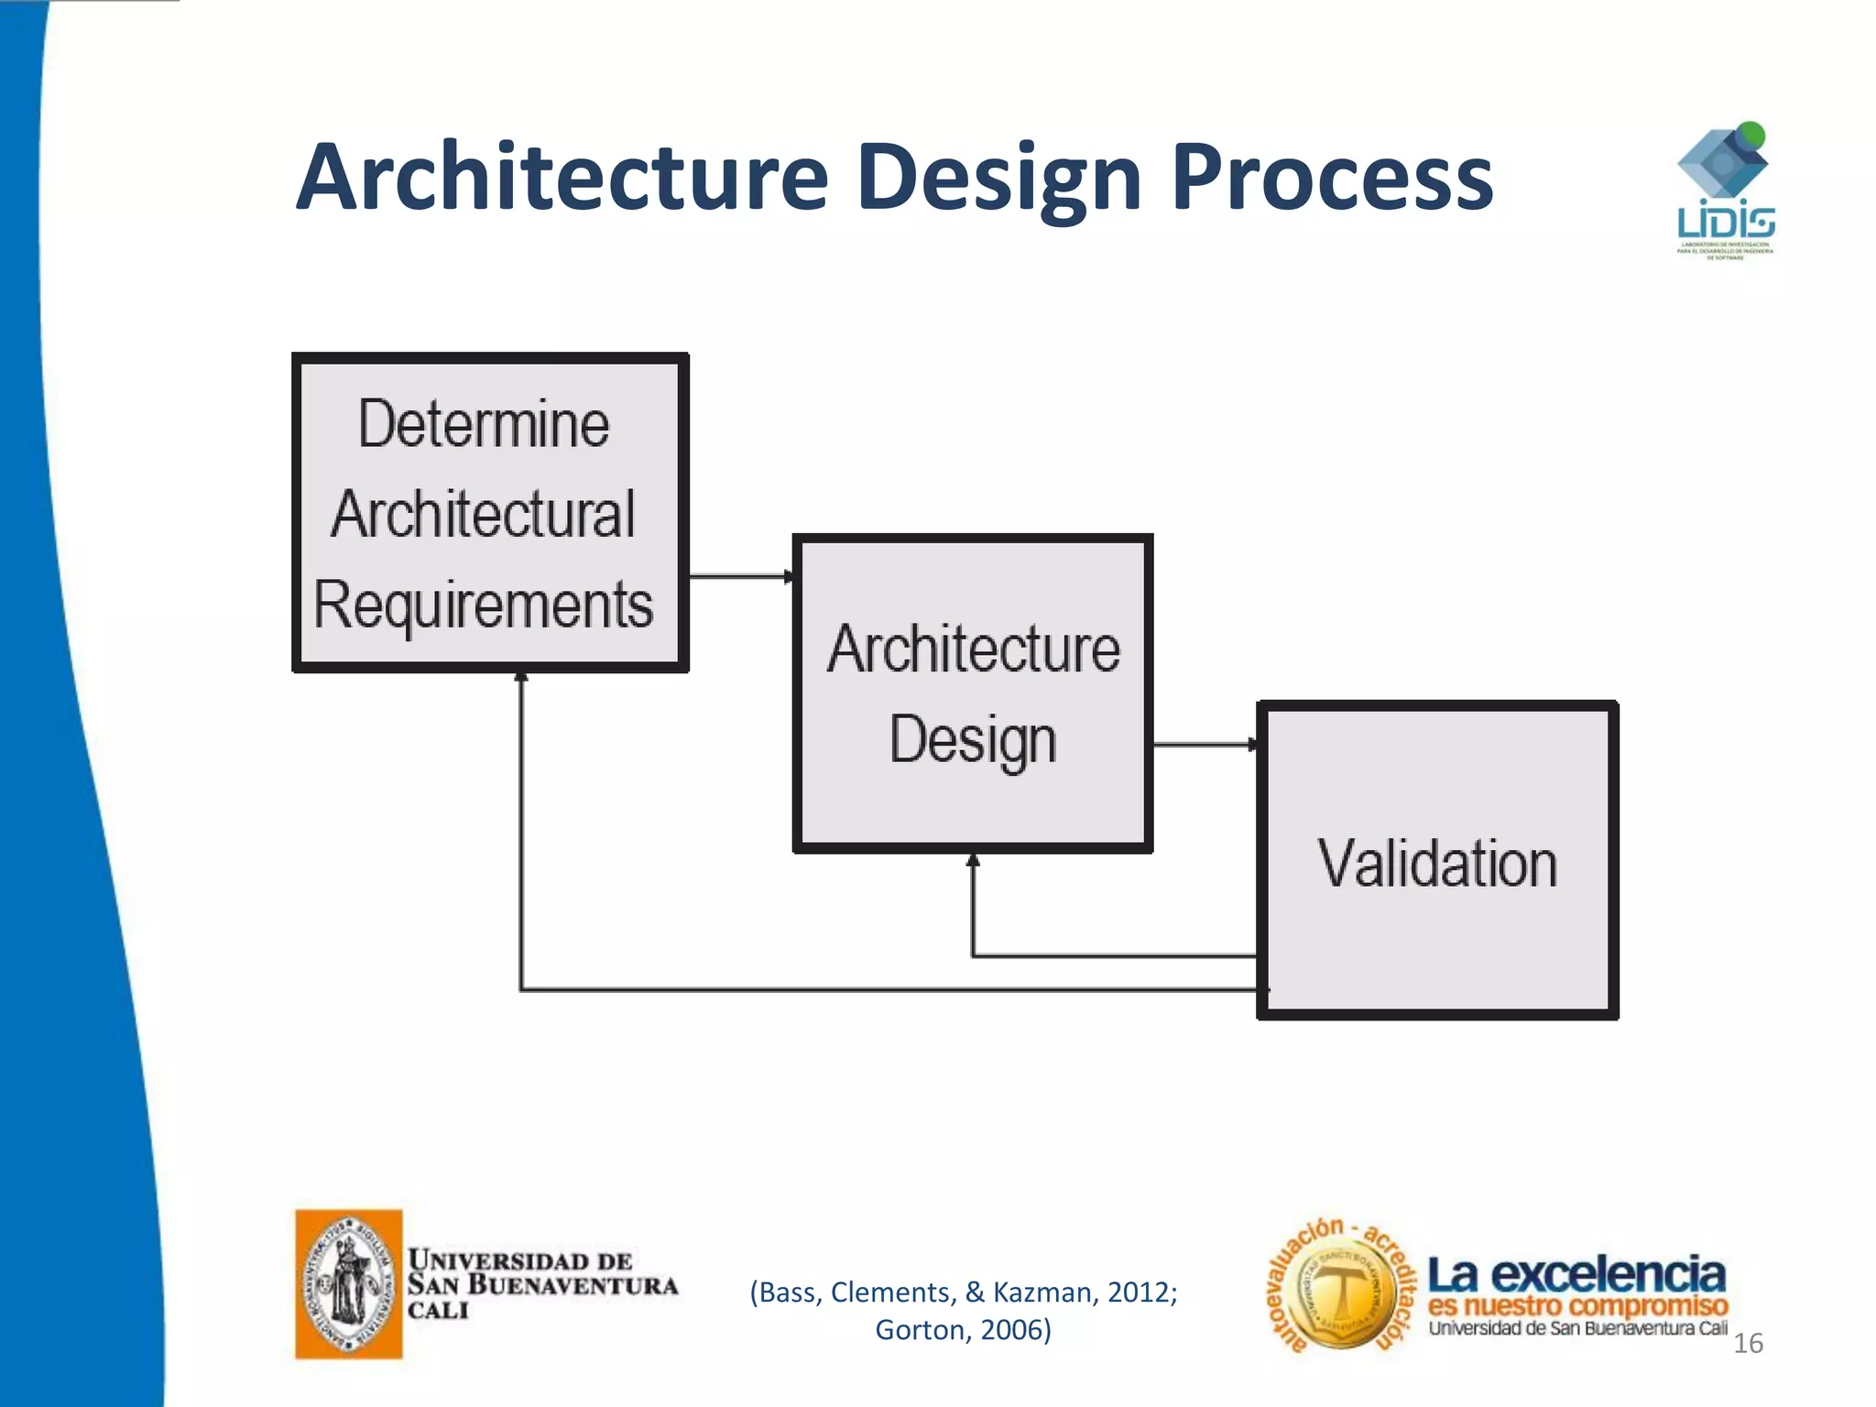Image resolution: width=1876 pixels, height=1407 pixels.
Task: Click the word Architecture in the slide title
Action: click(562, 177)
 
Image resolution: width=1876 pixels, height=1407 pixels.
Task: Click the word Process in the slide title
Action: click(1332, 177)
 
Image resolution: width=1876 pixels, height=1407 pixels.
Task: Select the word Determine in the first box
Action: click(484, 424)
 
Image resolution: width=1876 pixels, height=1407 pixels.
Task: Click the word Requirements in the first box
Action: click(484, 605)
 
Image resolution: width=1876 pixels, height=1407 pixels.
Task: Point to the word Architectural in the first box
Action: click(484, 514)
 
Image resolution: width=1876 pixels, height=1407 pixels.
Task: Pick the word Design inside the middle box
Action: click(973, 740)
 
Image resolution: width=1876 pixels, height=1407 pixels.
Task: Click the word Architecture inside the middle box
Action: click(974, 649)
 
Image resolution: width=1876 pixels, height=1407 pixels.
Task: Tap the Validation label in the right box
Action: click(1437, 864)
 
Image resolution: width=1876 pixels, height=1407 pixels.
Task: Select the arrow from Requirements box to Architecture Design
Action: click(740, 576)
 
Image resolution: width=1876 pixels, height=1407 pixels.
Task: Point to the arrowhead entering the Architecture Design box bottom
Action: click(973, 860)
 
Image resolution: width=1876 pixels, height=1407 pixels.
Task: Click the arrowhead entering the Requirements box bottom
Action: click(521, 678)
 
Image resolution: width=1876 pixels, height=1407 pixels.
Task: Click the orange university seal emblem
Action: click(349, 1284)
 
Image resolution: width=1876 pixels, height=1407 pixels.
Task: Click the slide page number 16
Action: click(1748, 1343)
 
